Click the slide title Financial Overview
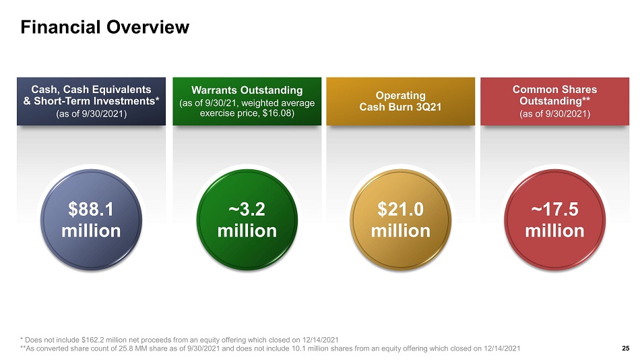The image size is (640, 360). coord(105,28)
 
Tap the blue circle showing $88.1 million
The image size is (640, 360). coord(91,220)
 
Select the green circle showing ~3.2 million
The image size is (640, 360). coord(247,220)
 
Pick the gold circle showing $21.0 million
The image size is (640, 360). coord(400,220)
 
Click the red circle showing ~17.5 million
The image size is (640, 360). coord(554,220)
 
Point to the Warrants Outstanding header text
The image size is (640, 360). coord(247,90)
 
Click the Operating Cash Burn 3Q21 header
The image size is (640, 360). coord(400,101)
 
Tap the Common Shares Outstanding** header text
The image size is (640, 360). coord(554,95)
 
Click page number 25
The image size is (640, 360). coord(626,348)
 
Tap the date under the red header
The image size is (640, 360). coord(554,114)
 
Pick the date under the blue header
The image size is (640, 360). coord(91,114)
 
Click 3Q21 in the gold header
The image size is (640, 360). coord(428,107)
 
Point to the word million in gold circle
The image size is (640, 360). coord(400,231)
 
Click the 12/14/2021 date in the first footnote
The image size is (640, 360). coord(321,340)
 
